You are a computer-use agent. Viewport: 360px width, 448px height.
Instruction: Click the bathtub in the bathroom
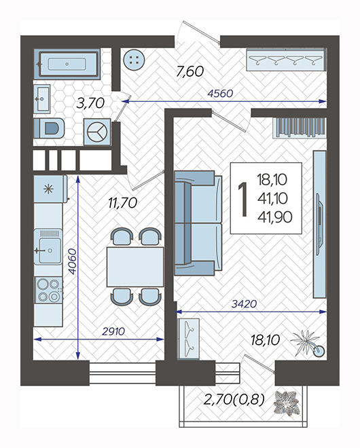[67, 64]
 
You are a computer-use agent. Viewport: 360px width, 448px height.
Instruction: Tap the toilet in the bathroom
[49, 128]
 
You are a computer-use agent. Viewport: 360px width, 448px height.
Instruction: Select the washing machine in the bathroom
[97, 132]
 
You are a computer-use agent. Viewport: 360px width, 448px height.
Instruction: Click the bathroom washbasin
[42, 99]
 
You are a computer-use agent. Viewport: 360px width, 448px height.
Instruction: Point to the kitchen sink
[48, 247]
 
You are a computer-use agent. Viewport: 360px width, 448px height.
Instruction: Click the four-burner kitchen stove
[48, 290]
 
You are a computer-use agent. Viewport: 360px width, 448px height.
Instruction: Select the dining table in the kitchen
[135, 267]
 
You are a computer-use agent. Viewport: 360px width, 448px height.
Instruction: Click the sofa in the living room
[198, 223]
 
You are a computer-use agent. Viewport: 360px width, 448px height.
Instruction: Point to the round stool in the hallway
[134, 60]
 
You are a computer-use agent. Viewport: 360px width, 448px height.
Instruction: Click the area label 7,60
[190, 71]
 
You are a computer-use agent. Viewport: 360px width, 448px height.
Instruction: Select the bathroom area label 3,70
[90, 103]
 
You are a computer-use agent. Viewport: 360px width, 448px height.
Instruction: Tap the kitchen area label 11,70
[123, 203]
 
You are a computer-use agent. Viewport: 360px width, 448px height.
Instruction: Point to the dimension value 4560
[220, 93]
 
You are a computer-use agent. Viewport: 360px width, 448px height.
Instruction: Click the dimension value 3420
[244, 303]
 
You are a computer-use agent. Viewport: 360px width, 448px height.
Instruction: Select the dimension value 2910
[113, 331]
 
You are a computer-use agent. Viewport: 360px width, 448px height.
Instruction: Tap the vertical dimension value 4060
[73, 261]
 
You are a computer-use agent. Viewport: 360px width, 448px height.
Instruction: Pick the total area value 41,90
[275, 217]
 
